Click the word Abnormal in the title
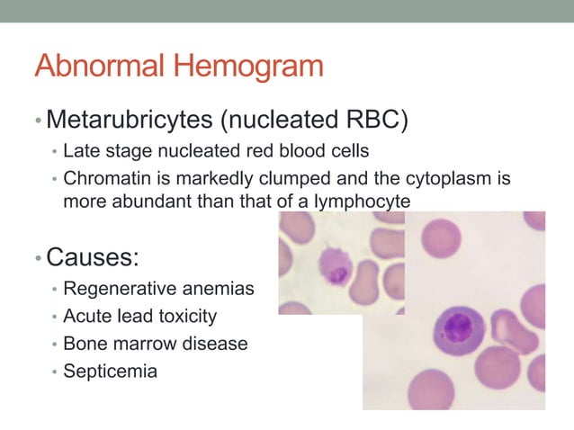pyautogui.click(x=100, y=67)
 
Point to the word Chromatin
pyautogui.click(x=103, y=178)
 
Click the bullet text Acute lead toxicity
pyautogui.click(x=139, y=317)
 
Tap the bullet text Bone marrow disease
pyautogui.click(x=155, y=344)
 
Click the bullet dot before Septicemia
pyautogui.click(x=55, y=372)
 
